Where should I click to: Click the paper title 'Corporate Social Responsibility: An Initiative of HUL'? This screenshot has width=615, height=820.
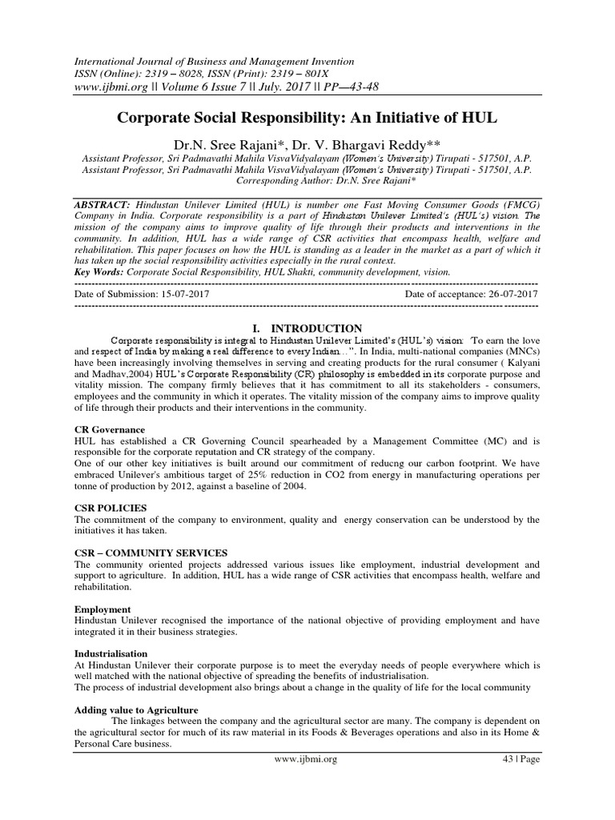(x=307, y=118)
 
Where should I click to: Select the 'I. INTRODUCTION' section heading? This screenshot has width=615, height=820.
(x=307, y=328)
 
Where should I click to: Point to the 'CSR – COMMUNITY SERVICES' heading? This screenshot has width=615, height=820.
(x=150, y=553)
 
